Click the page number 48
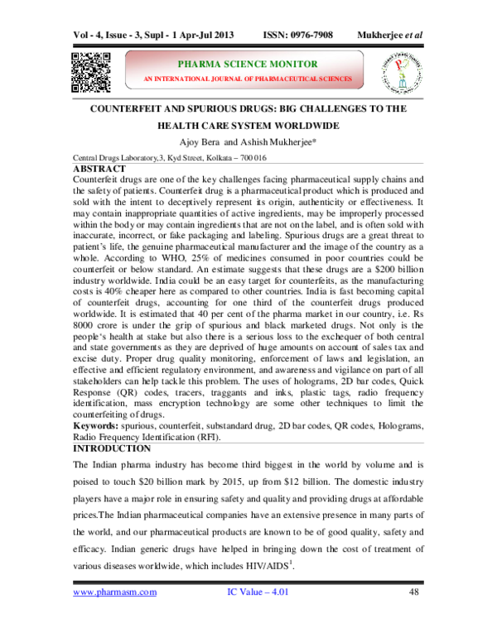pos(415,616)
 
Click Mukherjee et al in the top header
pos(391,36)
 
